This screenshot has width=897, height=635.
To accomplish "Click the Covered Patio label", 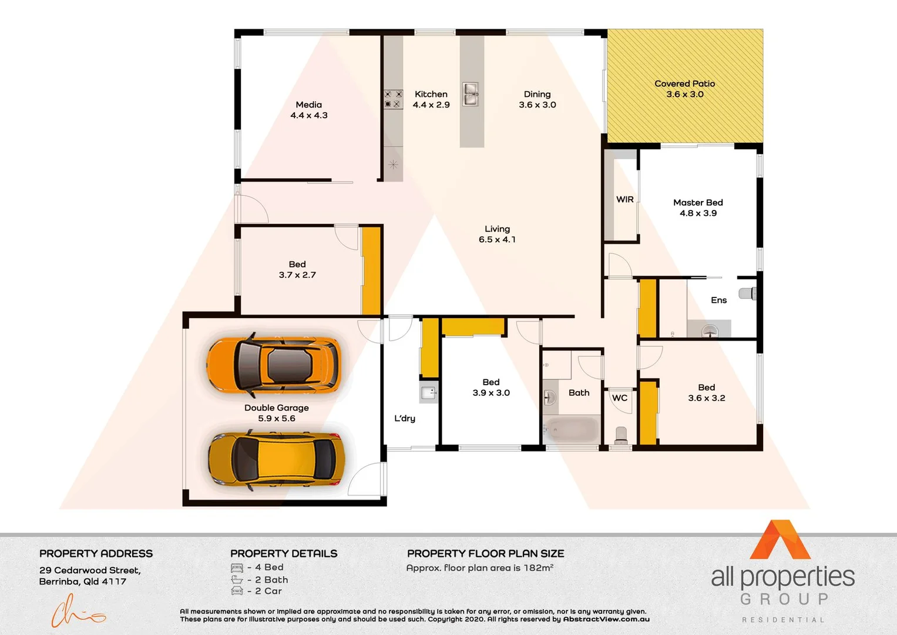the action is coord(684,83).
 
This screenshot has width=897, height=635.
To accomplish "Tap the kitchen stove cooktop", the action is coord(393,99).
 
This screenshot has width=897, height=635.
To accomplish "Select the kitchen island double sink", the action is coord(470,94).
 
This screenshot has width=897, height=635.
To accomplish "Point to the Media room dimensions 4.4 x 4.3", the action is coord(309,115).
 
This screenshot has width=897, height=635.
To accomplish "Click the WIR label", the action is coord(624,199).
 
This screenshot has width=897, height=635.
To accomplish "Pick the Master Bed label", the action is coord(698,202).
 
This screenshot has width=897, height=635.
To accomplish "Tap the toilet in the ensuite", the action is coord(747,293).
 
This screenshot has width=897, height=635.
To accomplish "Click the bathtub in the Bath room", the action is coord(572,430).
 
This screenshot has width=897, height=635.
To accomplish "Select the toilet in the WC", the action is coord(620,435).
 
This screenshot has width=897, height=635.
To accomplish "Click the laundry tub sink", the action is coord(428,392).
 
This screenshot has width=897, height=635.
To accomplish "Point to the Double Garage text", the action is coord(276,407).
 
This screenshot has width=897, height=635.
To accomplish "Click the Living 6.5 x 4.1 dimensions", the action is coord(497,239).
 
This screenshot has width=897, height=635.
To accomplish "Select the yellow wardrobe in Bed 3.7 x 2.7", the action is coord(371,270).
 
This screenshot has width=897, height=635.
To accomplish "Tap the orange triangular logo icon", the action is coord(780,540).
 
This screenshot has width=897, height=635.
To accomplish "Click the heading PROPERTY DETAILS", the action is coord(284,554).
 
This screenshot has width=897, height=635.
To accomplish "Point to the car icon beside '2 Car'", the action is coord(237,591).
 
